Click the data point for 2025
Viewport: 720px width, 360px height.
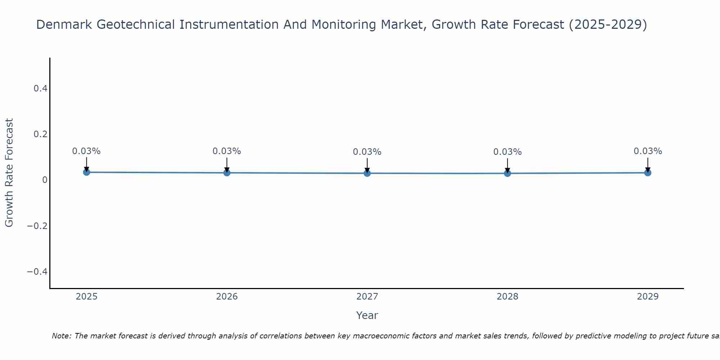[x=86, y=172]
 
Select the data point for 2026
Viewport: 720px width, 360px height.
[x=227, y=173]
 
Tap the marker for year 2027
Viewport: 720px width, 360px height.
[x=367, y=173]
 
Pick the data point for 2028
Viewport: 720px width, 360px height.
[x=507, y=173]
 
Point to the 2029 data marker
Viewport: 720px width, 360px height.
[x=648, y=173]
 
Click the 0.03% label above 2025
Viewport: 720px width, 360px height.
[x=86, y=151]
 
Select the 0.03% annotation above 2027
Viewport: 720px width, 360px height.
[x=367, y=152]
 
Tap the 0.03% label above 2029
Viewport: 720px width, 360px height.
[x=648, y=151]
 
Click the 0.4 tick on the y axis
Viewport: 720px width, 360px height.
[x=40, y=88]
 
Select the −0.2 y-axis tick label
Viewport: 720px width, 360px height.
[x=37, y=226]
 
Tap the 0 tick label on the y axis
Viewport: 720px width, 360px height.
[x=45, y=180]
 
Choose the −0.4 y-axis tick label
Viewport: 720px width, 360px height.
[x=37, y=271]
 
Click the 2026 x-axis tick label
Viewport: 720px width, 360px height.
[x=227, y=297]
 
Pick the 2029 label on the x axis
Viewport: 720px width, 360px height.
[x=648, y=297]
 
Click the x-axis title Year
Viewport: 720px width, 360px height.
[x=367, y=315]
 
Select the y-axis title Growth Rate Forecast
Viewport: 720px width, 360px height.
[x=9, y=173]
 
